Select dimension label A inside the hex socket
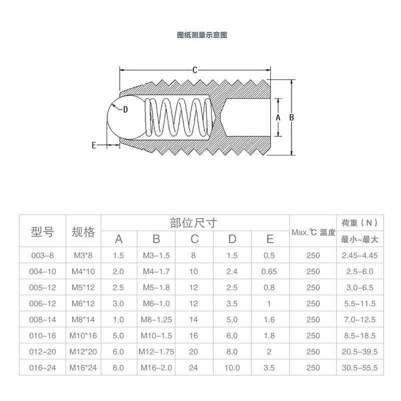279,116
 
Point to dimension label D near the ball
125,109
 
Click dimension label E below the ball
93,145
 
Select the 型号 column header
42,231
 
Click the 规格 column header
83,231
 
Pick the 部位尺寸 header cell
194,223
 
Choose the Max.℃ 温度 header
313,232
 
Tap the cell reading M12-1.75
156,352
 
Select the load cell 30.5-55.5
359,368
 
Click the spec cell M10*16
83,336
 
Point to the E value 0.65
269,271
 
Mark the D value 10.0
232,368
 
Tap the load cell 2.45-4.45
359,255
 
